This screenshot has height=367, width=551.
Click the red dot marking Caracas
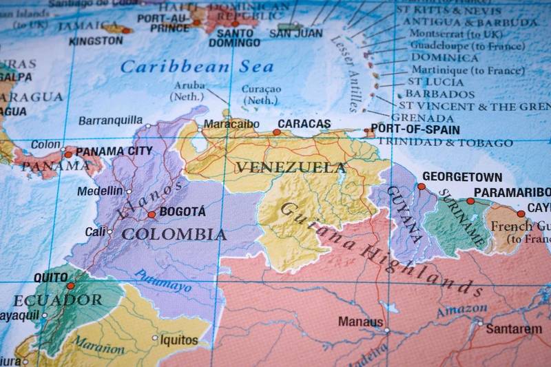pos(276,132)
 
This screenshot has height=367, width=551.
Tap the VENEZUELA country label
pos(290,167)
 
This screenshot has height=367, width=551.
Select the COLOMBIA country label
pos(174,234)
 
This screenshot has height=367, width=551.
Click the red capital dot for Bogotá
pos(152,215)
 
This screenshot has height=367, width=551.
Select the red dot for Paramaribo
pos(470,201)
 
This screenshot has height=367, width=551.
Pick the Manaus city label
pos(360,322)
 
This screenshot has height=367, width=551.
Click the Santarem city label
pos(513,329)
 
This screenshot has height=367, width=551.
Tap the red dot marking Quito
pos(70,286)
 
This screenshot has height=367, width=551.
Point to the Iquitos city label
pos(178,339)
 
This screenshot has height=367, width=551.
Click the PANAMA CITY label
pos(114,151)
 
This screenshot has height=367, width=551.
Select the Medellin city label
pos(100,191)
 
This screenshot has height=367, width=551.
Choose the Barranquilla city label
pos(110,120)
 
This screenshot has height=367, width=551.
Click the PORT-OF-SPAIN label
pos(415,129)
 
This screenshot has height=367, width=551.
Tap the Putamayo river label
pos(162,280)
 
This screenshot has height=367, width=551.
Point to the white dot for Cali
pos(110,232)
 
